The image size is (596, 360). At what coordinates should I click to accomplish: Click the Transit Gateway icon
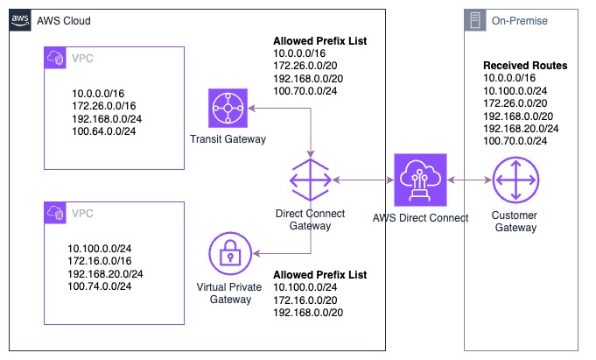(230, 109)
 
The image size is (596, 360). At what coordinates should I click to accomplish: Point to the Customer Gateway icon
(515, 180)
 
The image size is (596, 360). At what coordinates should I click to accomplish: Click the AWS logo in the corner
(20, 20)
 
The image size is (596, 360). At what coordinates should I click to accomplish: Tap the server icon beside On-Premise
(475, 20)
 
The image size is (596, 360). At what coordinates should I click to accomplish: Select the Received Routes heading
(525, 66)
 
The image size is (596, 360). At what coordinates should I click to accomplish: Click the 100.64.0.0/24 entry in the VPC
(103, 132)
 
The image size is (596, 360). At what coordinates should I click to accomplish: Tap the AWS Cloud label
(64, 20)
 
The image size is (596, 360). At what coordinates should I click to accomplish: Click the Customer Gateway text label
(515, 222)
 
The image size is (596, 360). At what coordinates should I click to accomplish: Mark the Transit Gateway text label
(230, 139)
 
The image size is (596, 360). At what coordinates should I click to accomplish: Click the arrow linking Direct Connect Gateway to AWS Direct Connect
(363, 180)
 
